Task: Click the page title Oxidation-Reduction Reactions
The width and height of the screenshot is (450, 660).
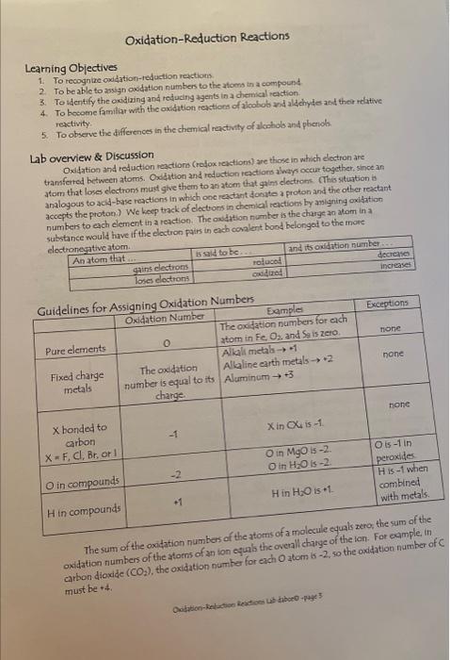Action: (x=207, y=36)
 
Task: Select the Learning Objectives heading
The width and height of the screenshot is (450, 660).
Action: (x=71, y=68)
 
